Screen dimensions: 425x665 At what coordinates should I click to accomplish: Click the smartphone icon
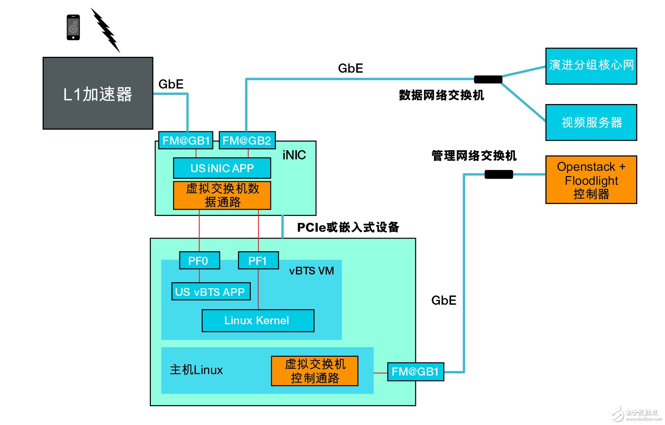pos(73,27)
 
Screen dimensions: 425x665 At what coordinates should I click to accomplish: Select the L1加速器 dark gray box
pos(98,93)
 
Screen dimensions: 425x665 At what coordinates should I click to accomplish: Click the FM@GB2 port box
pos(247,141)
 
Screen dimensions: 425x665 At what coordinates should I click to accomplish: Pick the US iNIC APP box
pos(222,168)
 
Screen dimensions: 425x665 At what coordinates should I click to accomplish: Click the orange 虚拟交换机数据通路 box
pos(222,195)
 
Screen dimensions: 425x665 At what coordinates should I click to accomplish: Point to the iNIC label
pos(294,155)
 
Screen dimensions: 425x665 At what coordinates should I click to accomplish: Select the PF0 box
pos(199,260)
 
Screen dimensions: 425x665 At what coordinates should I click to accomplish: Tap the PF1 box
pos(258,260)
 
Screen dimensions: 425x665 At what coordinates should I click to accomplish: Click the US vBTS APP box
pos(211,291)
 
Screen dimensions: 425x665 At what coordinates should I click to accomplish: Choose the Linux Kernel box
pos(258,320)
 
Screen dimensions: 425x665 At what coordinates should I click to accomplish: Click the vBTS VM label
pos(311,271)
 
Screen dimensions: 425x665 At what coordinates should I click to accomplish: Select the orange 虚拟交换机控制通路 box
pos(315,371)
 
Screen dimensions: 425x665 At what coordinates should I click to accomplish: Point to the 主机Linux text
pos(196,370)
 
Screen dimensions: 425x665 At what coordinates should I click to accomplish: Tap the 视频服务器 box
pos(591,122)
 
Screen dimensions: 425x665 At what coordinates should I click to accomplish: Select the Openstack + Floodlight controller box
pos(591,180)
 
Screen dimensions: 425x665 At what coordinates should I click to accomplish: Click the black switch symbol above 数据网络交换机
pos(488,79)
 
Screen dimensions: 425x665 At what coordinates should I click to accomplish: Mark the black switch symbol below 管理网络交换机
pos(498,174)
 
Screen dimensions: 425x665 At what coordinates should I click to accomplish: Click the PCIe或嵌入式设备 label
pos(348,227)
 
